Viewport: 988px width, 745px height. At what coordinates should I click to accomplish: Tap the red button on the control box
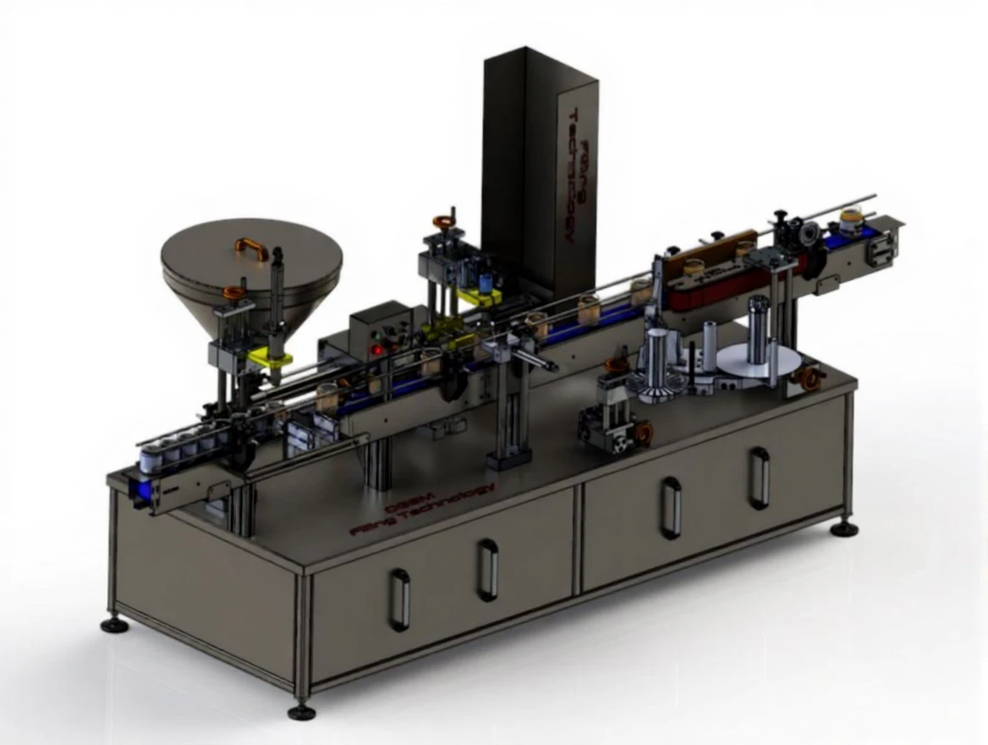point(378,349)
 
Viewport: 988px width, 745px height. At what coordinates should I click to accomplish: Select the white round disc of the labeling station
point(757,360)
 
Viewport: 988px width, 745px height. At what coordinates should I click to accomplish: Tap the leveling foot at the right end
point(843,529)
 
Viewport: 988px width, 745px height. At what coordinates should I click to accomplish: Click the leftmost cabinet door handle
point(399,599)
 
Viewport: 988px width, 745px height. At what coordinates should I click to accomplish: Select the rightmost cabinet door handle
point(759,477)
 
